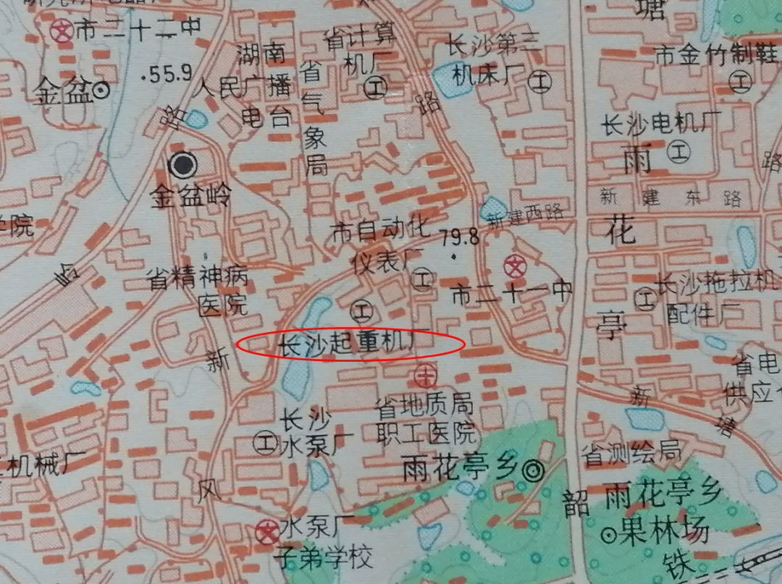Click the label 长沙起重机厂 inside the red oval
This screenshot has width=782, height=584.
click(345, 346)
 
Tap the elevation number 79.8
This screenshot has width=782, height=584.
click(460, 237)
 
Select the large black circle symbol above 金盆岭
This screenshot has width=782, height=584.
click(182, 166)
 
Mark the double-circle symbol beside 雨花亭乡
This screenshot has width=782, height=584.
click(534, 471)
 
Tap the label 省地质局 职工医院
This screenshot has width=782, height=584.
click(426, 419)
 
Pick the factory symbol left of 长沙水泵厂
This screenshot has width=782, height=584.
click(264, 439)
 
